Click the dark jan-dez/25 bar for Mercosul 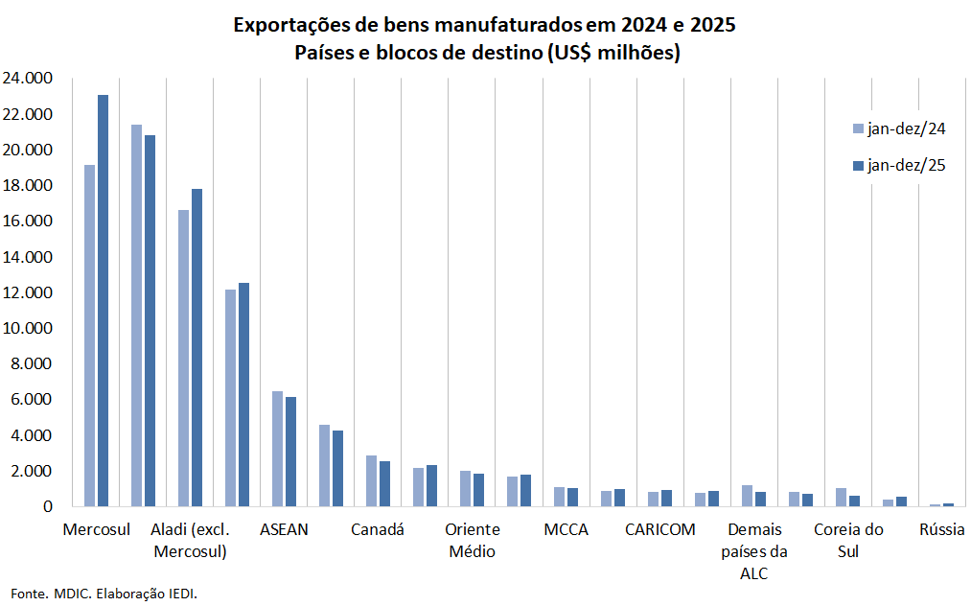103,300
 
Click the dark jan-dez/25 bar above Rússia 948,504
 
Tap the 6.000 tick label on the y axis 32,400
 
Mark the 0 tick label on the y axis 46,506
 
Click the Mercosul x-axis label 96,529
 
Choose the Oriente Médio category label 472,540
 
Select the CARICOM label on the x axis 659,529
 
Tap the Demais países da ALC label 753,551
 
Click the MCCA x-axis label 566,529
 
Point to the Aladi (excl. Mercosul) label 190,540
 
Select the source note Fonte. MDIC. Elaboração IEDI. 104,594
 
